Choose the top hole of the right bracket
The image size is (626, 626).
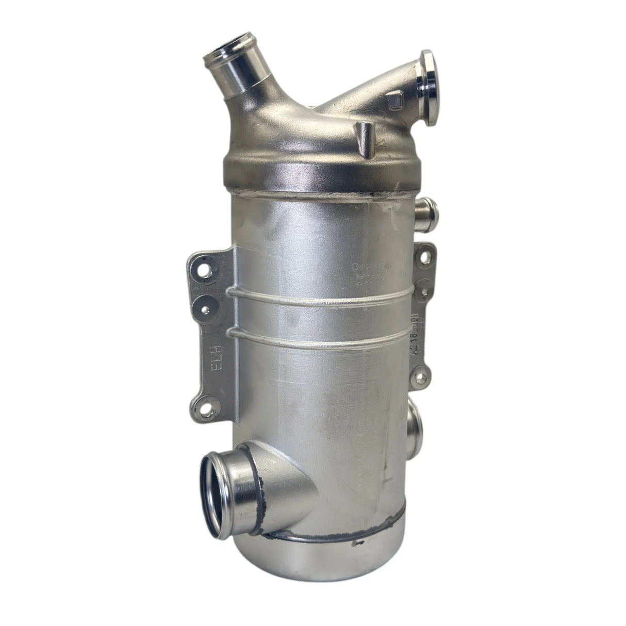tap(425, 254)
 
